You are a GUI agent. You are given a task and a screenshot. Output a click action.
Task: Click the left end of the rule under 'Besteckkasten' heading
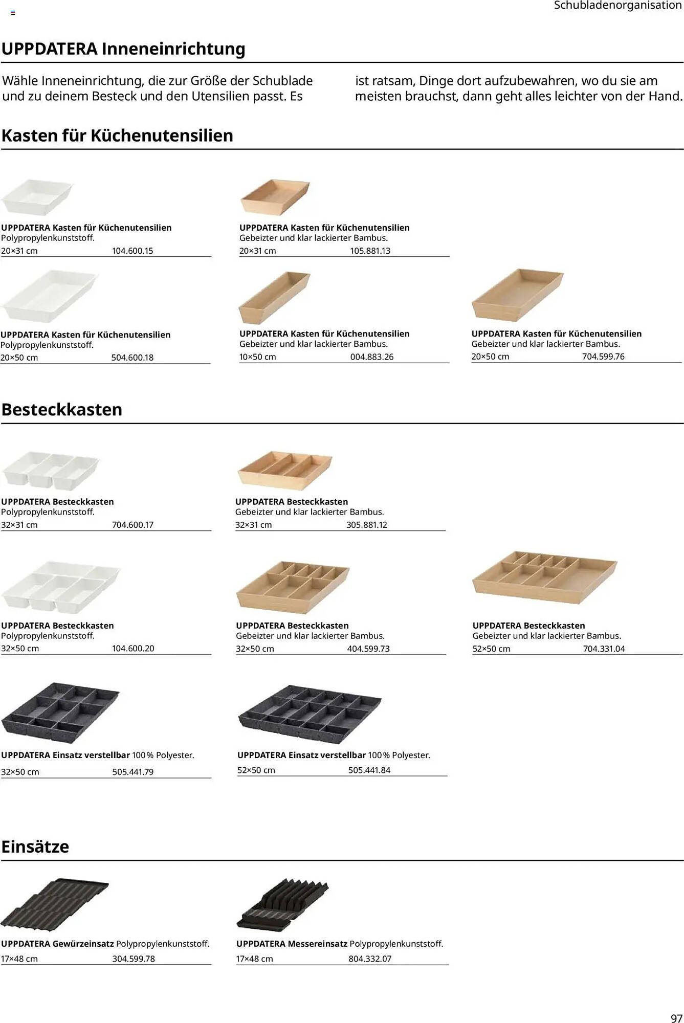pyautogui.click(x=1, y=424)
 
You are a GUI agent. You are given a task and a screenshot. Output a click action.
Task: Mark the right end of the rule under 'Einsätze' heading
pyautogui.click(x=683, y=860)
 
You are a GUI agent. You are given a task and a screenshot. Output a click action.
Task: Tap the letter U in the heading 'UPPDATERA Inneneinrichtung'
pyautogui.click(x=7, y=49)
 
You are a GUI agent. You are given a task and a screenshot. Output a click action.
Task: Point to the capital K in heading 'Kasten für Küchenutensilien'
pyautogui.click(x=7, y=136)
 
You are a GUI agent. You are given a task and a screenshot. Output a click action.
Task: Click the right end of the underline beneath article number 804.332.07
pyautogui.click(x=449, y=965)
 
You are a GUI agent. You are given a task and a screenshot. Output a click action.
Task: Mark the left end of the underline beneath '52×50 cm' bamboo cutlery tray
pyautogui.click(x=473, y=654)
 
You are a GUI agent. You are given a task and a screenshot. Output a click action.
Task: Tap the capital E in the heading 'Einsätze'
pyautogui.click(x=6, y=847)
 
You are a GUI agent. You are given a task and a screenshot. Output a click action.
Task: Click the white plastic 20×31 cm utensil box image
pyautogui.click(x=37, y=196)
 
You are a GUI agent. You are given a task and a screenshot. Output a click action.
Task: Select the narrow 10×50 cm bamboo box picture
pyautogui.click(x=274, y=297)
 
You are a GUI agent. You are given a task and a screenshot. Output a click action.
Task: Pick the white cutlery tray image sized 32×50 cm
pyautogui.click(x=60, y=587)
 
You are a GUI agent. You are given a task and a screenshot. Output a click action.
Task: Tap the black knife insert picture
pyautogui.click(x=282, y=904)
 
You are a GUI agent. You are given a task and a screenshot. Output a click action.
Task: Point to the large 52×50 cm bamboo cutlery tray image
pyautogui.click(x=545, y=577)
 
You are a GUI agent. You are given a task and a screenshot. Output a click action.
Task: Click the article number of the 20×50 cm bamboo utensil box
pyautogui.click(x=603, y=357)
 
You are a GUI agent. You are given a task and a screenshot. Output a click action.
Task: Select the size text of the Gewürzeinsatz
pyautogui.click(x=19, y=959)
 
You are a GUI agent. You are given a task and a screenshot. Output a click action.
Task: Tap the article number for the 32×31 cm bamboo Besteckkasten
pyautogui.click(x=367, y=525)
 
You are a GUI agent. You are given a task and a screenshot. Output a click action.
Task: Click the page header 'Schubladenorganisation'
pyautogui.click(x=617, y=6)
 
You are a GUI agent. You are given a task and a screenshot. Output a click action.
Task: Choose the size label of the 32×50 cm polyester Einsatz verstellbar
pyautogui.click(x=20, y=772)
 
